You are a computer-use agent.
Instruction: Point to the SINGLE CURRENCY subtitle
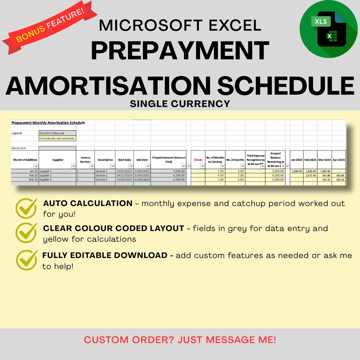click(180, 104)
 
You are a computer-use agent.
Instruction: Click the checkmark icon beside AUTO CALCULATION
click(26, 208)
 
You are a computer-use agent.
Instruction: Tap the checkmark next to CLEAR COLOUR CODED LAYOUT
click(26, 233)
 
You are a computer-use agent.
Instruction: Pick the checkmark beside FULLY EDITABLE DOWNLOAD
click(26, 260)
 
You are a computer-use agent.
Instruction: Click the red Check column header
click(198, 160)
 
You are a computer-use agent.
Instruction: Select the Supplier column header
click(58, 160)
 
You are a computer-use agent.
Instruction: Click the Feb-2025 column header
click(310, 160)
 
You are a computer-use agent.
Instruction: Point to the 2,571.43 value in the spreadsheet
click(311, 175)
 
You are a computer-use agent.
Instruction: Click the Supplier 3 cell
click(46, 180)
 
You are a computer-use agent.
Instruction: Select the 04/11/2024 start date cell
click(124, 175)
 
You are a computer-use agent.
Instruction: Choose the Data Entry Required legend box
click(57, 133)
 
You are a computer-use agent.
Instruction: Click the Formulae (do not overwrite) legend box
click(57, 138)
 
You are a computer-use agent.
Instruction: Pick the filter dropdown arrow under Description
click(113, 166)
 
